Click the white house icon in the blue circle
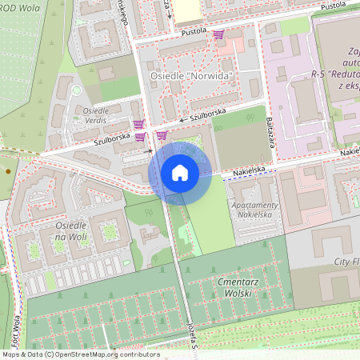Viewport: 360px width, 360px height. coord(180,172)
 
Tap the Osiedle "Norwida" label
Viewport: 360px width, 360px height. coord(192,77)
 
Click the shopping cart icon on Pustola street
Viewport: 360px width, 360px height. coord(218,34)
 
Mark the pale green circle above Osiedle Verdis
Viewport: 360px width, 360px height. coord(77,90)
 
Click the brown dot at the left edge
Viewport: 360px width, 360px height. coord(8,171)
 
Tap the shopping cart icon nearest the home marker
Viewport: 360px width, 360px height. coord(162,135)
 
